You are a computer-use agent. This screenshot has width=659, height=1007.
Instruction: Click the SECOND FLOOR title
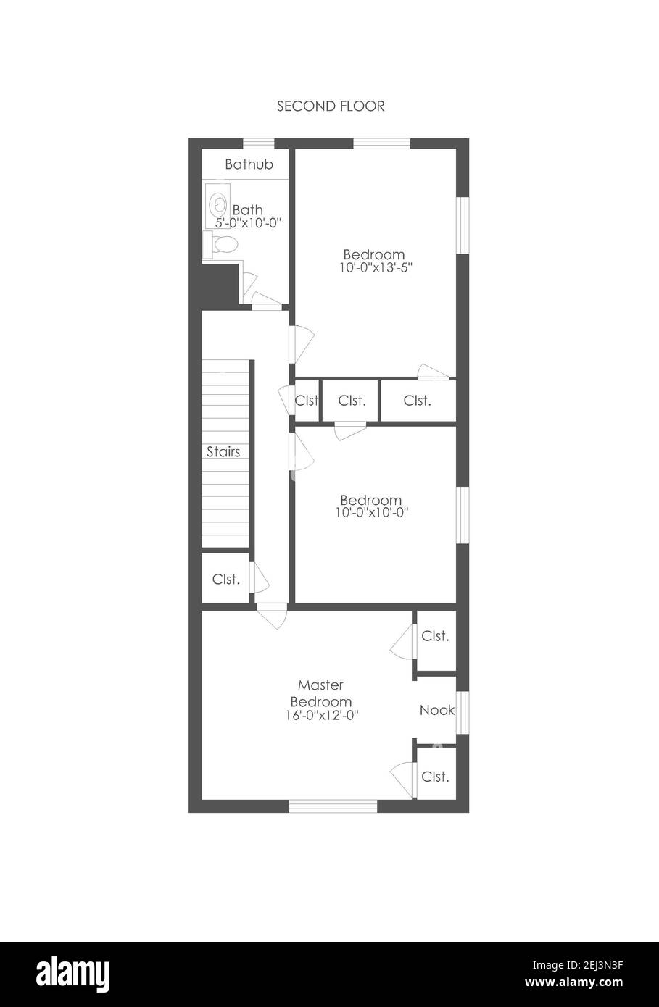point(331,106)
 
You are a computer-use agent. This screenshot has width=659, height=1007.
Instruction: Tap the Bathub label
point(249,164)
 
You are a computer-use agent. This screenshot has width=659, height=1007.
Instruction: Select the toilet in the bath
point(220,245)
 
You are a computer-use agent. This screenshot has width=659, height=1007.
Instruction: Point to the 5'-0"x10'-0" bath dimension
point(249,222)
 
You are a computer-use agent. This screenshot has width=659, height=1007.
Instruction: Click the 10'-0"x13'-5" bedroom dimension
point(376,267)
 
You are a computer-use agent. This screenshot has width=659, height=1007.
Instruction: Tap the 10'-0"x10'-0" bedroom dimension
point(372,512)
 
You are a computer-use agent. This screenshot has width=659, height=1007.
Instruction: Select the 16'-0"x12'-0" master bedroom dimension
point(322,715)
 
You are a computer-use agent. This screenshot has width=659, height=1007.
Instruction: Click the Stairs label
point(223,451)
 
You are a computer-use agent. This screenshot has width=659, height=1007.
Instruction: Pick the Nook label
point(437,710)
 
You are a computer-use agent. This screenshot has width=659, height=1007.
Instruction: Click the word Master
point(320,685)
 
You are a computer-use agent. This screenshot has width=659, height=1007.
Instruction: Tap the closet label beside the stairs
point(225,580)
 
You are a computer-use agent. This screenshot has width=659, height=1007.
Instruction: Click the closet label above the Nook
point(436,636)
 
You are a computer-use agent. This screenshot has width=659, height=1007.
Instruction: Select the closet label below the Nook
point(436,777)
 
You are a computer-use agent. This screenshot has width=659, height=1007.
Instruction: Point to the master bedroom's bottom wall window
point(333,806)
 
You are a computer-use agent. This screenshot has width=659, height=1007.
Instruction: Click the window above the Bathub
point(259,143)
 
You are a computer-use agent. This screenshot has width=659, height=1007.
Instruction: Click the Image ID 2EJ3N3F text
point(578,965)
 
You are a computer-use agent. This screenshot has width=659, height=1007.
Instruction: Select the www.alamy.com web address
point(574,982)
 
